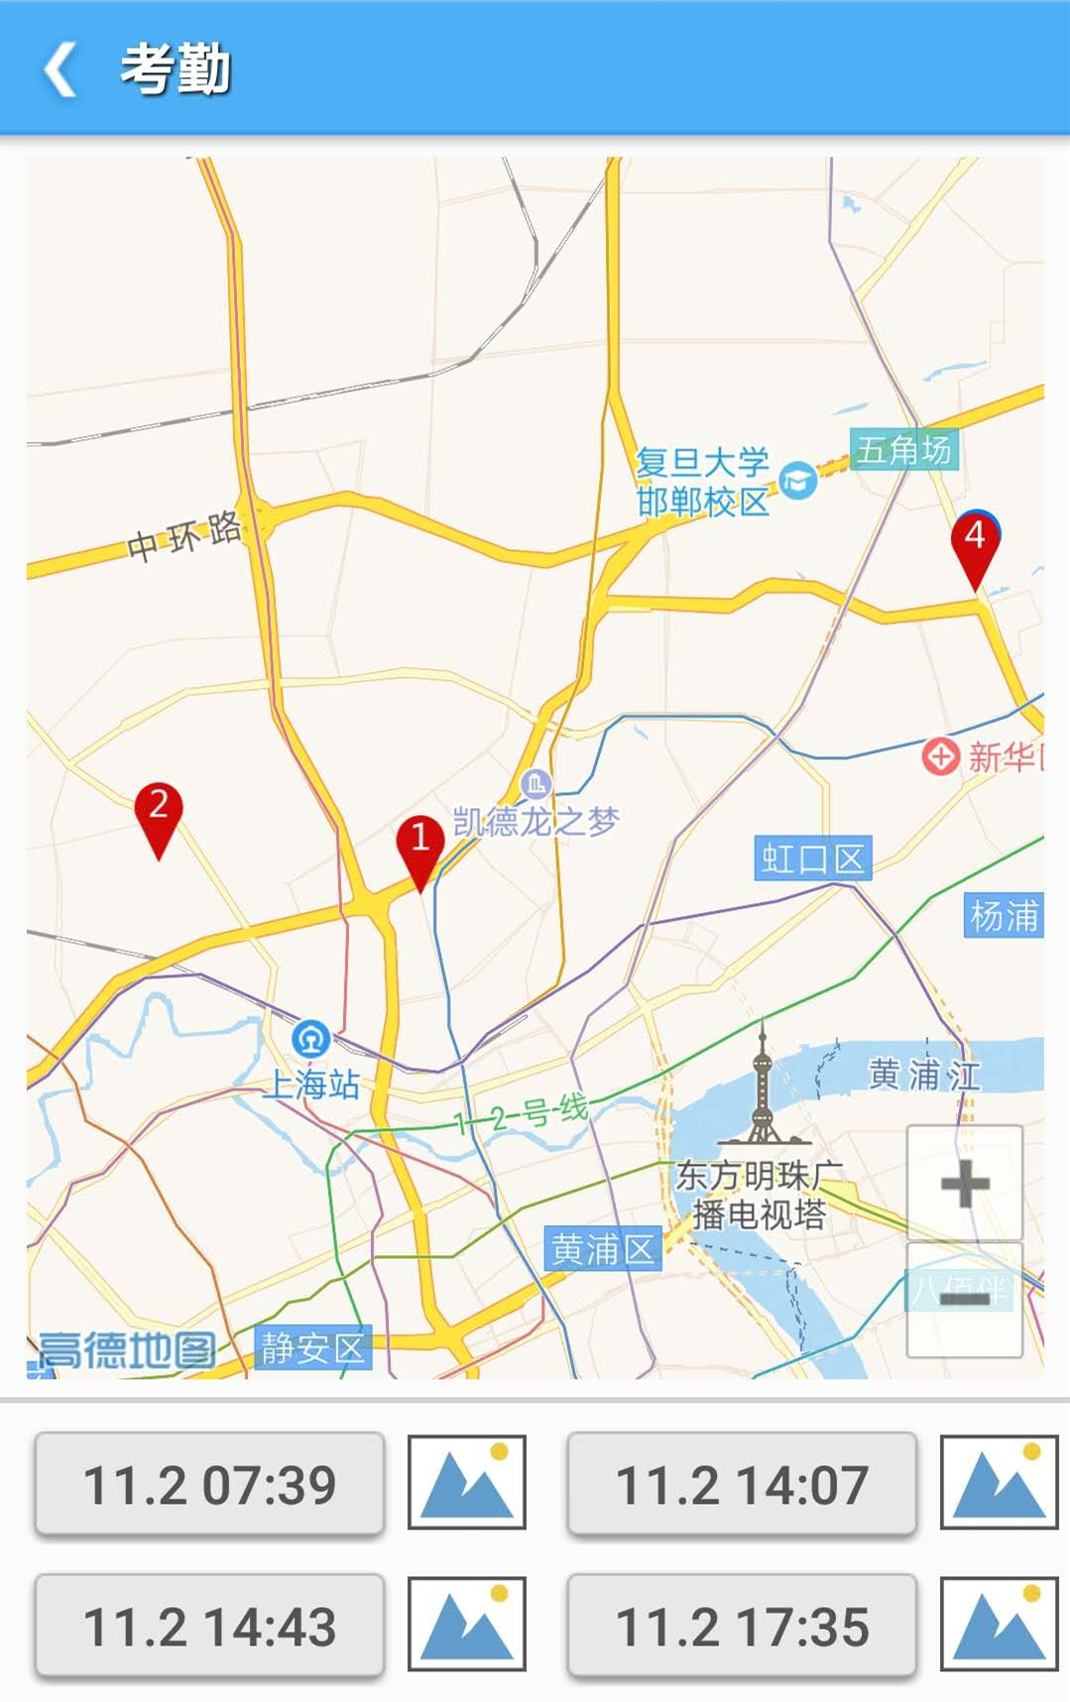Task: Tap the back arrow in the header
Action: (60, 69)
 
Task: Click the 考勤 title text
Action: (176, 69)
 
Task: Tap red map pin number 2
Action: (159, 812)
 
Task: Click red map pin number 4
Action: (975, 542)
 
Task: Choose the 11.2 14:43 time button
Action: (209, 1627)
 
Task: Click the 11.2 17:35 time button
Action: (742, 1627)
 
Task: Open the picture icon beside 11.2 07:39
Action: (467, 1482)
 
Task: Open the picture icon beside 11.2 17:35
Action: (999, 1624)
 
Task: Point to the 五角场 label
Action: (903, 449)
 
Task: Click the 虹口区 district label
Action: (812, 858)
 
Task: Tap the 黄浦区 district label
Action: (602, 1249)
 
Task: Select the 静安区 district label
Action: (312, 1347)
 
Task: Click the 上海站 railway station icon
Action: (311, 1039)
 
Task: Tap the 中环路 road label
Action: (184, 536)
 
